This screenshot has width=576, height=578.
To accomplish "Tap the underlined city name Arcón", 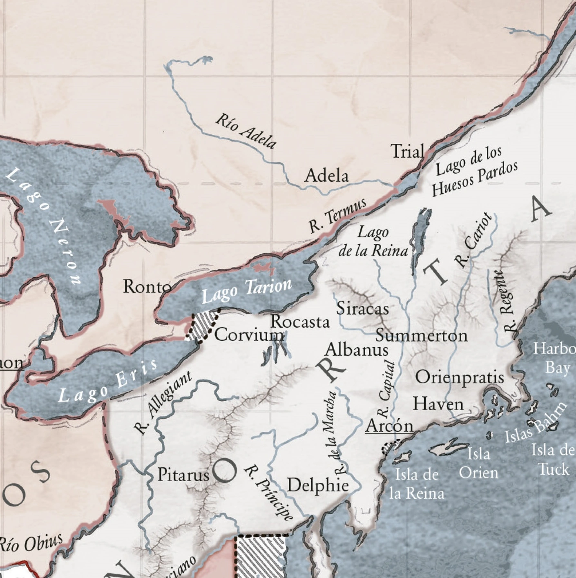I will coord(389,426).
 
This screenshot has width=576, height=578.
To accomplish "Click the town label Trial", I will coord(407,152).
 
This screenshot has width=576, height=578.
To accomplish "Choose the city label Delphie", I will coord(318,485).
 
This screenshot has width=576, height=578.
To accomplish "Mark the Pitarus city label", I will coord(183,475).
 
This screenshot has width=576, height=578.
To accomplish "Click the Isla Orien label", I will coord(478,463).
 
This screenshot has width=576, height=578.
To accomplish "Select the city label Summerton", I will coord(422,336).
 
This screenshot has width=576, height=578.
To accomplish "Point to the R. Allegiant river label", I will coord(162,403).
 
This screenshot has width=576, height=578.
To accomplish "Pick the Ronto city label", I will coord(147,287).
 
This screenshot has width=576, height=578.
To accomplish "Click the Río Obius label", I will coord(31,544).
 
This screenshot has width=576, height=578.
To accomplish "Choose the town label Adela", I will coord(327,176).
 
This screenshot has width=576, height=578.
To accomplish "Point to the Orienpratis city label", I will coord(460,377).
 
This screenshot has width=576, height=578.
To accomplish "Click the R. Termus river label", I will coord(337,215).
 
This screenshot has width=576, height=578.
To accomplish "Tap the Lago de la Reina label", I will coord(373,242).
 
